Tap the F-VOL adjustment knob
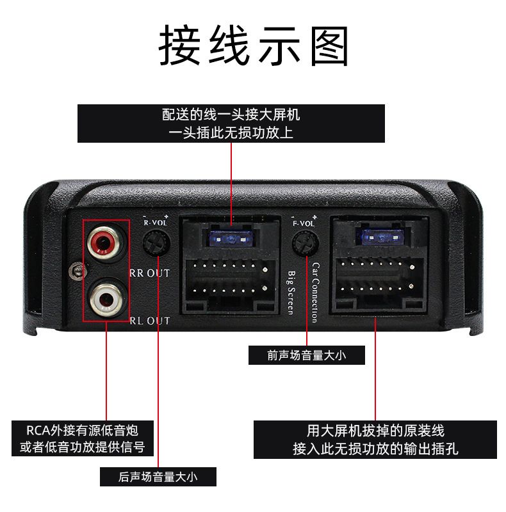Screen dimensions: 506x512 pos(306,244)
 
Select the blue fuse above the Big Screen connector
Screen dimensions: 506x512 pos(231,239)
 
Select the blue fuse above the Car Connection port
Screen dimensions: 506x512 pos(381,236)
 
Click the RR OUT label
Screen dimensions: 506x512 pos(150,273)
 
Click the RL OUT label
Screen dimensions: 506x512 pos(150,321)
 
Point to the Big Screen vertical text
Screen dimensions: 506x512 pos(291,292)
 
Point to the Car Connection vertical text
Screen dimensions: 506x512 pos(315,292)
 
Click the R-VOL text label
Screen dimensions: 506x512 pos(156,222)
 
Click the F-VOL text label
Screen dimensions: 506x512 pos(304,223)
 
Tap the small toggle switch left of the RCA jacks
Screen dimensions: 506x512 pos(77,271)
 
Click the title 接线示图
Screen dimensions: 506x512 pos(254,45)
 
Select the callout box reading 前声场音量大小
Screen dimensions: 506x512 pos(307,355)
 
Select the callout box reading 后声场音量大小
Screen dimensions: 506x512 pos(158,477)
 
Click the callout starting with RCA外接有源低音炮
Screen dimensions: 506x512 pos(83,438)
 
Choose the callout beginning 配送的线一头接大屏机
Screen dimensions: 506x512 pos(231,124)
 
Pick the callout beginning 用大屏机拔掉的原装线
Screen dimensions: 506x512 pos(375,440)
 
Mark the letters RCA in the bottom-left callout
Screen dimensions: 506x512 pos(38,430)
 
